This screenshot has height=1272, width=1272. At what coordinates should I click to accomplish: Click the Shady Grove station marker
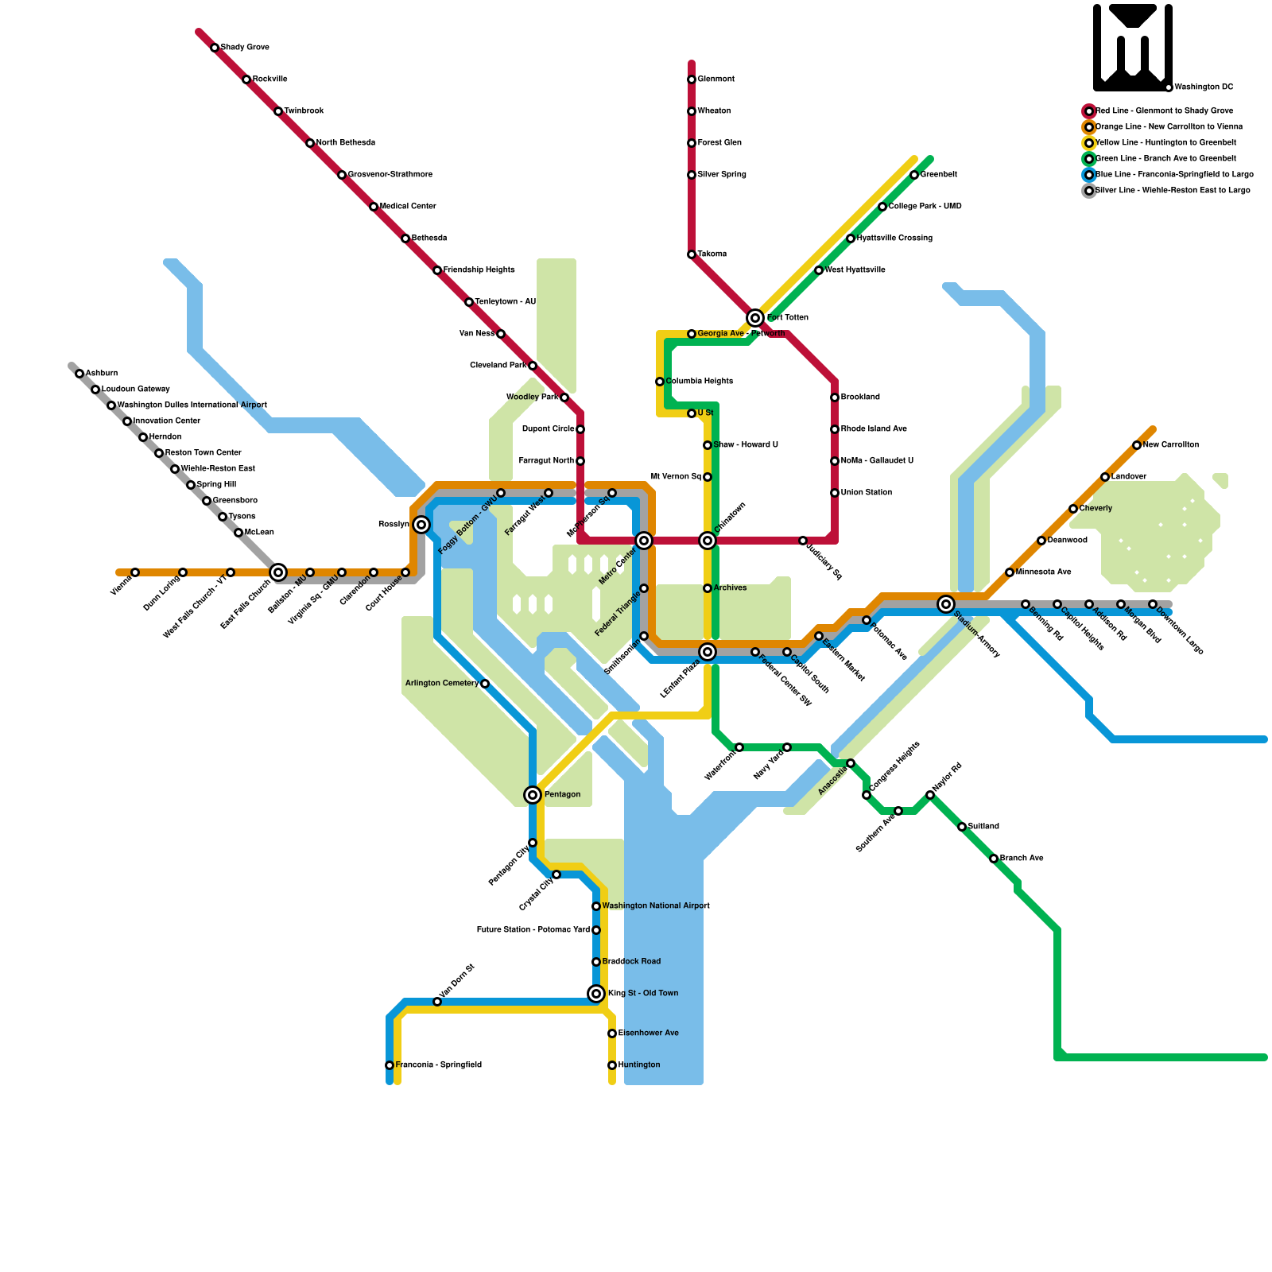point(215,48)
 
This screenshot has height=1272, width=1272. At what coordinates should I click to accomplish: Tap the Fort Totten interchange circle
point(755,318)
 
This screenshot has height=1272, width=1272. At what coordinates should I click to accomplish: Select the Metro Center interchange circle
point(644,541)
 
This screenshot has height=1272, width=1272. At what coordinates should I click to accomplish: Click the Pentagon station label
point(562,795)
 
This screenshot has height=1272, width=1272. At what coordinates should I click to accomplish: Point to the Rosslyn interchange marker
point(421,525)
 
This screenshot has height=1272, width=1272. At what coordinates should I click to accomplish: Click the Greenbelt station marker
point(914,175)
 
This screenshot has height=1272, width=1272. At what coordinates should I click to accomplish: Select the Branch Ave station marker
point(994,859)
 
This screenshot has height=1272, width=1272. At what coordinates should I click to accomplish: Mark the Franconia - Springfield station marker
point(390,1065)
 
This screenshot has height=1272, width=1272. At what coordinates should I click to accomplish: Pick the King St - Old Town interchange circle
point(596,994)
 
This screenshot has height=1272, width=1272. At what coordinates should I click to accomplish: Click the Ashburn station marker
point(79,374)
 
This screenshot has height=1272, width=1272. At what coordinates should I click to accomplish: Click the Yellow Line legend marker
point(1089,143)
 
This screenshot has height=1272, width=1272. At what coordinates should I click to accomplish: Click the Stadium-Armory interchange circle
point(945,604)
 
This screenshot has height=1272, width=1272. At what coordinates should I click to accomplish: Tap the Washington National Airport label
point(655,906)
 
